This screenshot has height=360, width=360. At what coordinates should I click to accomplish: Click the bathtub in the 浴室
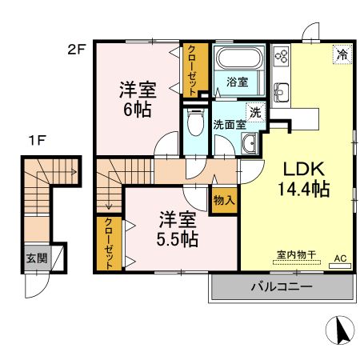click(x=239, y=58)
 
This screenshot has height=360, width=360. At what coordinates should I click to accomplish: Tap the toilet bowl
click(x=195, y=122)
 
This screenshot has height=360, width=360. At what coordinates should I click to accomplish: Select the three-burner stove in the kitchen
click(x=282, y=57)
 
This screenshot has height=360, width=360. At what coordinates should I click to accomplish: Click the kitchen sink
click(x=281, y=92)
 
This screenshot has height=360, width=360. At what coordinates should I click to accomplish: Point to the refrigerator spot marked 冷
click(x=342, y=54)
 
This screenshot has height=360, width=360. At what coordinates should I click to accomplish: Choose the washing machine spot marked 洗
click(x=256, y=113)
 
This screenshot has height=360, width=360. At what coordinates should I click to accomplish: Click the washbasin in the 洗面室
click(x=250, y=143)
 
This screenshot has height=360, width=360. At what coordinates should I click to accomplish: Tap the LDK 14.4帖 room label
click(x=304, y=179)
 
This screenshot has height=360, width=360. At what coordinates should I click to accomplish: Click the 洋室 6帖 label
click(x=138, y=99)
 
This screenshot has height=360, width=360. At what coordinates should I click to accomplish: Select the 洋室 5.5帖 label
click(x=178, y=229)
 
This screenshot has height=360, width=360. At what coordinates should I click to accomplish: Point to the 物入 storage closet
click(x=224, y=200)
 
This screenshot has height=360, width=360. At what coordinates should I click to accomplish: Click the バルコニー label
click(x=282, y=287)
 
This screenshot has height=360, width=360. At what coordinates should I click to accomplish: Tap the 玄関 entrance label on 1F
click(x=37, y=258)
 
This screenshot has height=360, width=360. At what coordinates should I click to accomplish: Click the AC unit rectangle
click(x=340, y=266)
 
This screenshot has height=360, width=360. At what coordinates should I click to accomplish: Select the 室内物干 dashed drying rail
click(x=297, y=262)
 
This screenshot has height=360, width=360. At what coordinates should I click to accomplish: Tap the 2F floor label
click(x=76, y=50)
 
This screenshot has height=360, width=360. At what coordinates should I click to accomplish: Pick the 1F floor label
click(x=37, y=140)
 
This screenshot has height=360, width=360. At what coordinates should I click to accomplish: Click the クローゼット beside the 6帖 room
click(x=195, y=70)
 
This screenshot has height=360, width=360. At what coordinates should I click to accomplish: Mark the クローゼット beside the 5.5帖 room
click(x=109, y=244)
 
